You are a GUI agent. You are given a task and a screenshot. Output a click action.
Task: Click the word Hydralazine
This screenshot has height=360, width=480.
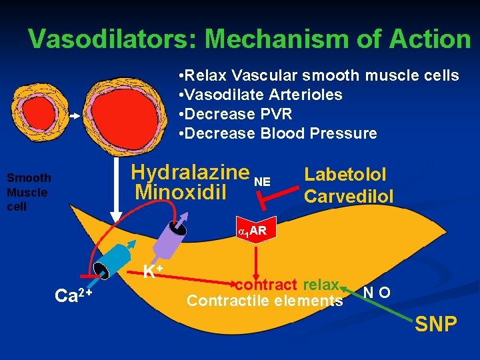click(190, 172)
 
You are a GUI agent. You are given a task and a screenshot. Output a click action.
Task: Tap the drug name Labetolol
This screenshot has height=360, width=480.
click(345, 175)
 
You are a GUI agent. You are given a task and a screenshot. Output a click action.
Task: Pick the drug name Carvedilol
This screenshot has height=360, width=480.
click(348, 196)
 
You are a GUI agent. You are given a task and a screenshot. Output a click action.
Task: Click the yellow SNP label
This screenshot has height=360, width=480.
click(435, 325)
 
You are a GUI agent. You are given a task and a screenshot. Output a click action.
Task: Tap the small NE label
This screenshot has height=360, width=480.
click(263, 181)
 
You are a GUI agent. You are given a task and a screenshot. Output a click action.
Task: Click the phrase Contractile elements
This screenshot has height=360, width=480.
click(265, 301)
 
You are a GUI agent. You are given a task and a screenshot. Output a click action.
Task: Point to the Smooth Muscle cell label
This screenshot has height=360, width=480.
click(28, 192)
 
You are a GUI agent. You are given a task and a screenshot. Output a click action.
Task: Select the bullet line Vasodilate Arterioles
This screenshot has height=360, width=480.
click(261, 95)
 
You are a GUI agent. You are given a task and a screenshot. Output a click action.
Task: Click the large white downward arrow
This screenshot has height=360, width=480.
click(116, 200)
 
